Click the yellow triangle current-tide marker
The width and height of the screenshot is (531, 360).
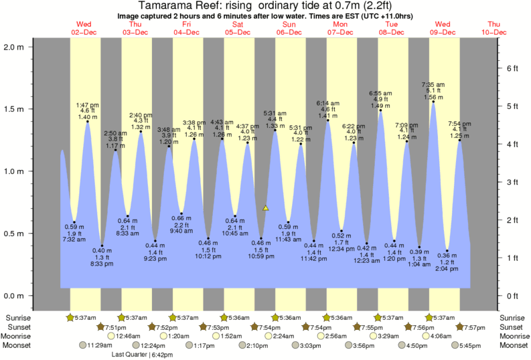(266, 208)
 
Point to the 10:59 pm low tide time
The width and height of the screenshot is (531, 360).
(262, 258)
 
